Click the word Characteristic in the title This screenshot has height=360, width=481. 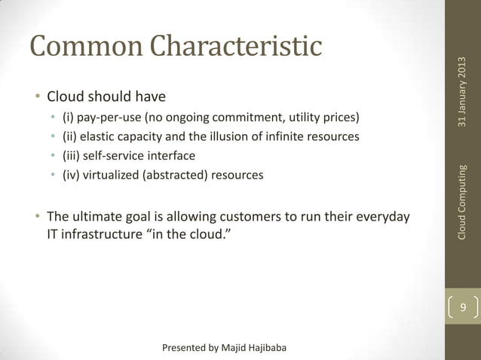pos(237,46)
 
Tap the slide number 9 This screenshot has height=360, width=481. pos(464,308)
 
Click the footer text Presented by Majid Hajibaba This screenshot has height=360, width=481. pos(225,347)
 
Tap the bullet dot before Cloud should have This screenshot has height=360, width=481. pos(36,98)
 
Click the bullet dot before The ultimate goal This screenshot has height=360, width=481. pos(36,218)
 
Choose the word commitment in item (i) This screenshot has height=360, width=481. pos(240,118)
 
